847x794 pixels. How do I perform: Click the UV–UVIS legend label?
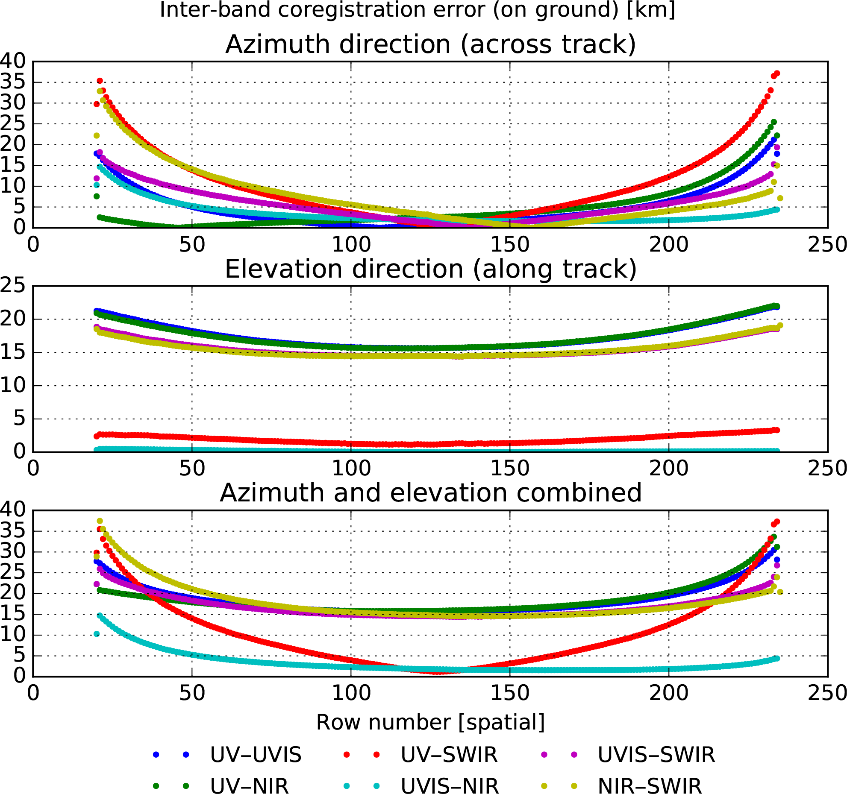[256, 755]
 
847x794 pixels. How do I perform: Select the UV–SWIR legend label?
[449, 755]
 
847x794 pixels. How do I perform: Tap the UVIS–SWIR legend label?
[656, 755]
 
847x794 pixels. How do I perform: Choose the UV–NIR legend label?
[249, 785]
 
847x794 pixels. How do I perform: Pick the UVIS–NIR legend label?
[450, 785]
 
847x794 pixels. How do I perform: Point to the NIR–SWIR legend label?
[650, 785]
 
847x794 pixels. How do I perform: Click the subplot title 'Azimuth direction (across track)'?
[430, 44]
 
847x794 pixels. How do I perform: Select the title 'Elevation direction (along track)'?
[430, 269]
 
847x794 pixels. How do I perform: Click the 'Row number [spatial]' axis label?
[430, 722]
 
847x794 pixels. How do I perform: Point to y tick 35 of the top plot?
[13, 82]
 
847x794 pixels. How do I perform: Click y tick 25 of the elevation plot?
[13, 285]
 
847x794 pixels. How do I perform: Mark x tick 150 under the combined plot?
[509, 693]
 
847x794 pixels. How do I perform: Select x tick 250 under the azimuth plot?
[827, 245]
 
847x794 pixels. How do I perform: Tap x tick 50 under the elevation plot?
[192, 469]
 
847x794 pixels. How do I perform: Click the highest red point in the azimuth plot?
[777, 73]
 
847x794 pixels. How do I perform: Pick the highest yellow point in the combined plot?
[100, 521]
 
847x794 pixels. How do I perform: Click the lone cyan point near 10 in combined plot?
[97, 634]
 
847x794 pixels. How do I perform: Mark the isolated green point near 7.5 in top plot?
[97, 196]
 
